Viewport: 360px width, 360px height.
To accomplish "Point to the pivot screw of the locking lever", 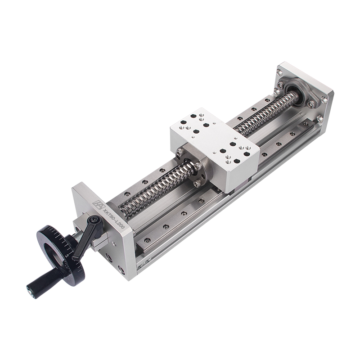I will pyautogui.click(x=94, y=220).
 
